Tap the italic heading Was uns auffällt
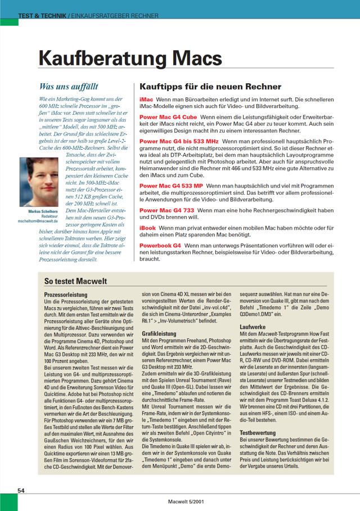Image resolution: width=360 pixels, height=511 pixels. [x=69, y=87]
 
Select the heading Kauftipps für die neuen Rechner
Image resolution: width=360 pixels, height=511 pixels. [x=210, y=87]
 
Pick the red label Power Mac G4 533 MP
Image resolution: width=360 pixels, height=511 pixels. [x=171, y=185]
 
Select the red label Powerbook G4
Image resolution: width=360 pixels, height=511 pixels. [x=160, y=246]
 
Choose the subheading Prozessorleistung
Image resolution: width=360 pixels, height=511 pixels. [x=65, y=294]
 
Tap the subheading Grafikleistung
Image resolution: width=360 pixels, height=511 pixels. [x=156, y=334]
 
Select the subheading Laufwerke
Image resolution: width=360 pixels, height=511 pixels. [x=252, y=326]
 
